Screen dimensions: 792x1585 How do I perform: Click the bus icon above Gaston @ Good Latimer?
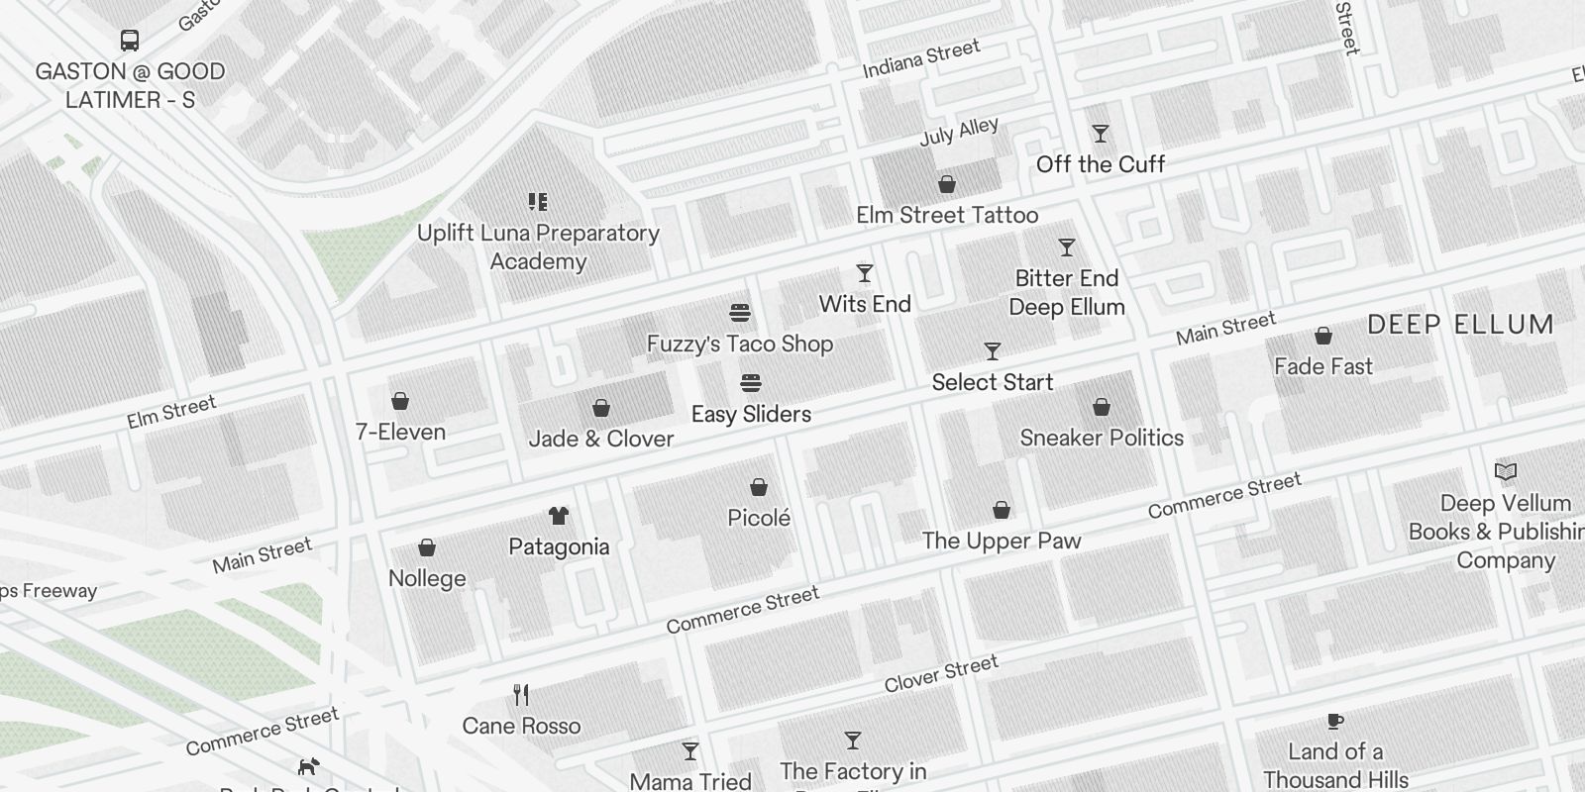(x=130, y=41)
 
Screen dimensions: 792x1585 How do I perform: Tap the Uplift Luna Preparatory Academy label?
(x=538, y=247)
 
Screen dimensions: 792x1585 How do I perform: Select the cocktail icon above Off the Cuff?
(x=1100, y=134)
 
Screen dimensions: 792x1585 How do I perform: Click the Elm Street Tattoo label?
(x=947, y=215)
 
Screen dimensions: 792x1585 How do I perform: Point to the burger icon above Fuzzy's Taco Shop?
(x=739, y=314)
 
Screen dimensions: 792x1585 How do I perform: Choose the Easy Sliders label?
(x=751, y=414)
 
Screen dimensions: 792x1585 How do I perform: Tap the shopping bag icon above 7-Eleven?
(x=400, y=401)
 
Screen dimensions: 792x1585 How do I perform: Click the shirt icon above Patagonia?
(x=559, y=516)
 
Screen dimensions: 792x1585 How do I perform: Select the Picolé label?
(x=759, y=518)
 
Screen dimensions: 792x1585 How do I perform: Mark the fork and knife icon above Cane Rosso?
(x=521, y=694)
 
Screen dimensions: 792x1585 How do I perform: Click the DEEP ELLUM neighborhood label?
(x=1460, y=325)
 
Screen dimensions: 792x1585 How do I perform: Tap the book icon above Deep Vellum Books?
(x=1506, y=472)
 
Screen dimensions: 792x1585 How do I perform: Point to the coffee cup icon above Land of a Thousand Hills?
(x=1335, y=721)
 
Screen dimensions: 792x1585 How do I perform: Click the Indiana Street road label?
(x=921, y=58)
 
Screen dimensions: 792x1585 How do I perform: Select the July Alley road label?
(x=959, y=132)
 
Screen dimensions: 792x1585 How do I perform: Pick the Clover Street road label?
(x=941, y=674)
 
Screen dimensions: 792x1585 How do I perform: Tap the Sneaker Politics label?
(x=1102, y=438)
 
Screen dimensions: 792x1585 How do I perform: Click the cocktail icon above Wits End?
(x=865, y=273)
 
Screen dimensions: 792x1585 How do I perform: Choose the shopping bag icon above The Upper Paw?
(x=1002, y=510)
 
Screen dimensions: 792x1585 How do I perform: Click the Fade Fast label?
(x=1323, y=366)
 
